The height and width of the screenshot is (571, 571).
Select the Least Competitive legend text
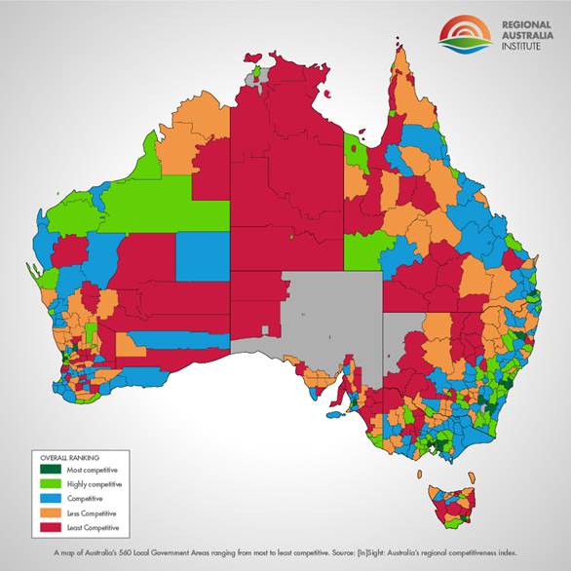point(93,526)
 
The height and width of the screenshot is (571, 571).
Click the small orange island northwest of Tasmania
point(424,475)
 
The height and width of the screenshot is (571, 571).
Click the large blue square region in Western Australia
point(203,258)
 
